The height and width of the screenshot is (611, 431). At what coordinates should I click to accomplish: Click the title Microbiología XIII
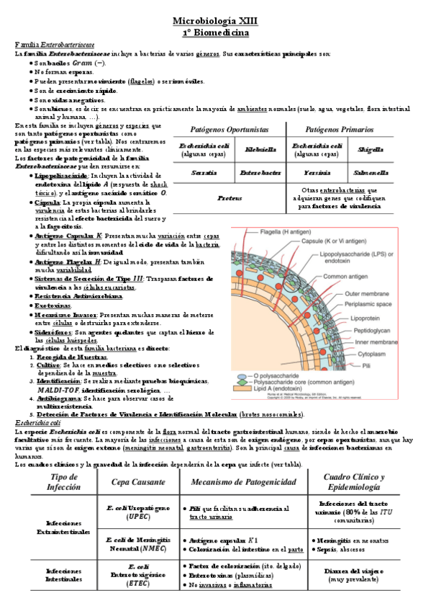tap(215, 22)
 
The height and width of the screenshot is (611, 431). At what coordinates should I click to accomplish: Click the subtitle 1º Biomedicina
tap(215, 32)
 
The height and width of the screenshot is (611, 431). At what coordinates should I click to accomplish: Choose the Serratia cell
tap(204, 173)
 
